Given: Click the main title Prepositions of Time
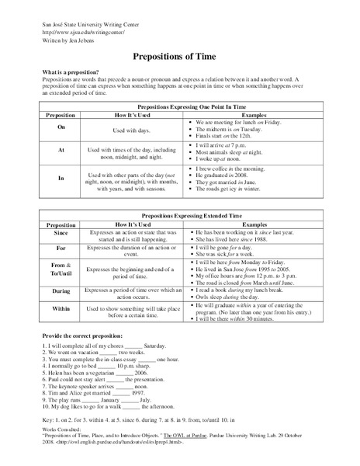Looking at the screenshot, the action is (179, 57).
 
